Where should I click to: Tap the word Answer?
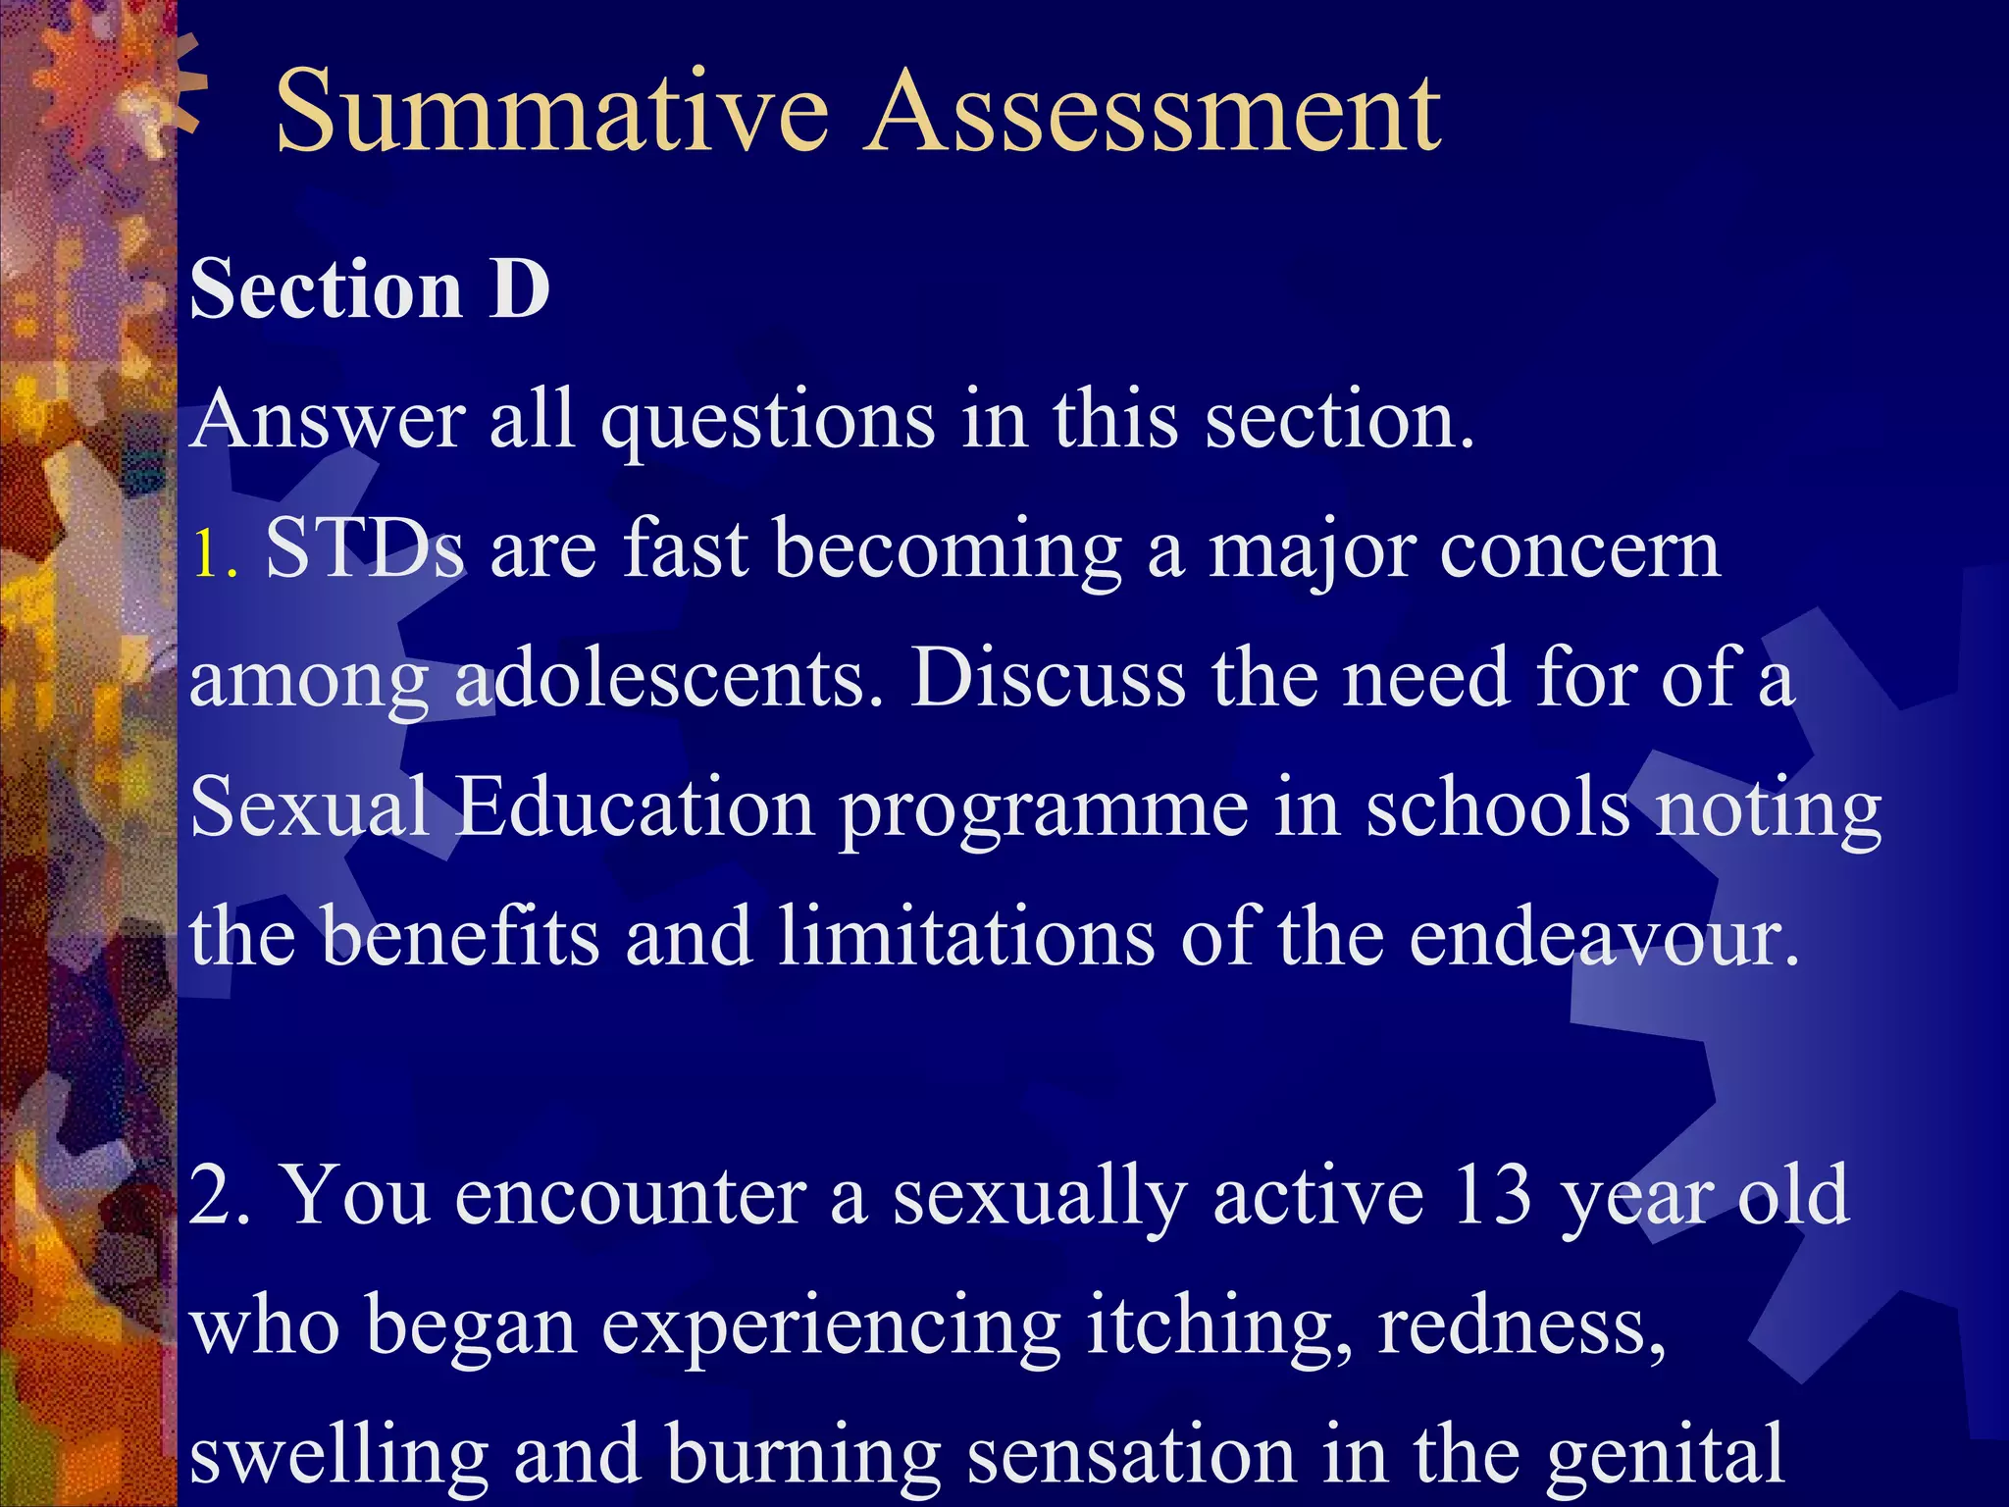(x=328, y=420)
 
